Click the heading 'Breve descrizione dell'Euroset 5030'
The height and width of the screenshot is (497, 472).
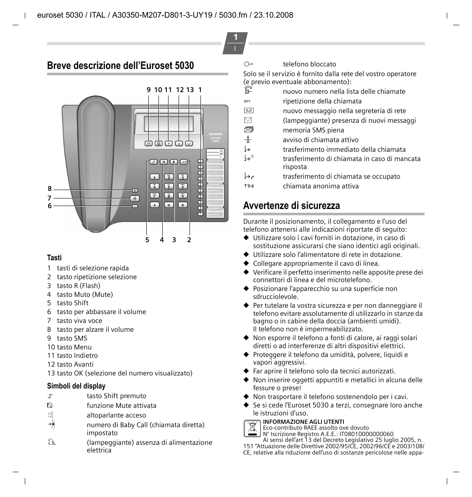121,66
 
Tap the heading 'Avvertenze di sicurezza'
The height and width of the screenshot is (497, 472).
291,206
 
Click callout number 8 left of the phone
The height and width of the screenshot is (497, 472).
50,189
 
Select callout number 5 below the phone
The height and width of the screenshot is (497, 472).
147,240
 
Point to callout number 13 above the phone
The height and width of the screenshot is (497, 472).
190,90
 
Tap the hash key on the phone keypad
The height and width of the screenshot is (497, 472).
182,205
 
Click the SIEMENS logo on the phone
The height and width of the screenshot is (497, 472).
216,134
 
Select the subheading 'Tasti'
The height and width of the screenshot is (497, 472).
54,258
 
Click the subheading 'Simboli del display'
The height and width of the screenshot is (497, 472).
76,386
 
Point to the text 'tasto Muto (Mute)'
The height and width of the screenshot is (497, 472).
85,294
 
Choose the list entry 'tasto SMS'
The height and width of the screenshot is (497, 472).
72,338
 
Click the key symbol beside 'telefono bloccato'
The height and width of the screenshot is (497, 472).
248,64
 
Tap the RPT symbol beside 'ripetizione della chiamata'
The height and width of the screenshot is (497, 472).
247,101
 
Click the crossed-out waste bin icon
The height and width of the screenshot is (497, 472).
252,428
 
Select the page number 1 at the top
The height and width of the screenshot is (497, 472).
235,37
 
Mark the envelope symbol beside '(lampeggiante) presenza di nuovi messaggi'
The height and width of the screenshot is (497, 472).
248,121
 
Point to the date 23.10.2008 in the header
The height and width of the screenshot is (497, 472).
273,15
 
